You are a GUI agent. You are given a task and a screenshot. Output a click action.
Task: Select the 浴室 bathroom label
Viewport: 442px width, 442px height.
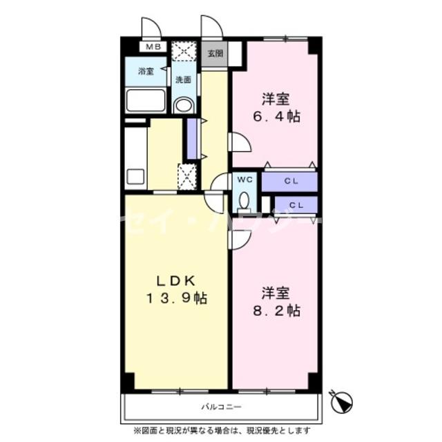pyautogui.click(x=145, y=71)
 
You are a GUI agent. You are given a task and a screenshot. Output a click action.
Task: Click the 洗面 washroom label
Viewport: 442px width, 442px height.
pyautogui.click(x=183, y=80)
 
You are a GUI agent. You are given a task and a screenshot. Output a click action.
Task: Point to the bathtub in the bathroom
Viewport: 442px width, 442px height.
pyautogui.click(x=146, y=101)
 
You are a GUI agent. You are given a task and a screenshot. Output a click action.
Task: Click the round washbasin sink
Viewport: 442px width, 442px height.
pyautogui.click(x=183, y=105)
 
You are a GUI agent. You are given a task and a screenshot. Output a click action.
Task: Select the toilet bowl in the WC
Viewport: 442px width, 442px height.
pyautogui.click(x=244, y=201)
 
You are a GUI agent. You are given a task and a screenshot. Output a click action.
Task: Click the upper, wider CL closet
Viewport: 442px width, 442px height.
pyautogui.click(x=290, y=182)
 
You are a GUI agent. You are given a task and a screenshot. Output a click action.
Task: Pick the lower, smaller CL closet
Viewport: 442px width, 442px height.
pyautogui.click(x=296, y=205)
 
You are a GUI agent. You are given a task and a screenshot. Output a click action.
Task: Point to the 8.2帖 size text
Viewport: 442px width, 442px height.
pyautogui.click(x=275, y=310)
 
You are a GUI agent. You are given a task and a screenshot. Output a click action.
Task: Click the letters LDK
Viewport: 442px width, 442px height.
pyautogui.click(x=176, y=280)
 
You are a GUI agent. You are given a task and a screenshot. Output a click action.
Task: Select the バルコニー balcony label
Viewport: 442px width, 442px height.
pyautogui.click(x=221, y=407)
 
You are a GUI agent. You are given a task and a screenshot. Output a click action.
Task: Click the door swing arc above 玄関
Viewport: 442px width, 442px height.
pyautogui.click(x=211, y=27)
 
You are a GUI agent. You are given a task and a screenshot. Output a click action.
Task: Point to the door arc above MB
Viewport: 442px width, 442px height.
pyautogui.click(x=151, y=27)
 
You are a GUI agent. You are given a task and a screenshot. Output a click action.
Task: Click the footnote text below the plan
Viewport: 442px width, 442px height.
pyautogui.click(x=221, y=431)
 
